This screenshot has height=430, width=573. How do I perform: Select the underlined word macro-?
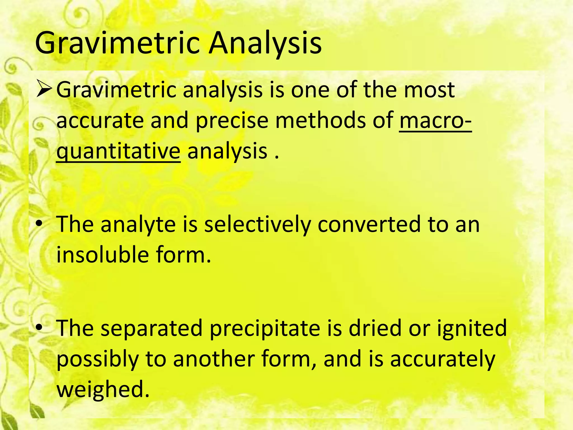[435, 120]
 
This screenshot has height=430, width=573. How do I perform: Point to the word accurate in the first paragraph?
[100, 120]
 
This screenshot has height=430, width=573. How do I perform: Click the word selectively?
[257, 225]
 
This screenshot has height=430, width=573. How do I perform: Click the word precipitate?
[265, 328]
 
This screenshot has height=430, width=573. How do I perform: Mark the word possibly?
[98, 359]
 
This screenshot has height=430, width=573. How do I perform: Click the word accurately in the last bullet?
[442, 359]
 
